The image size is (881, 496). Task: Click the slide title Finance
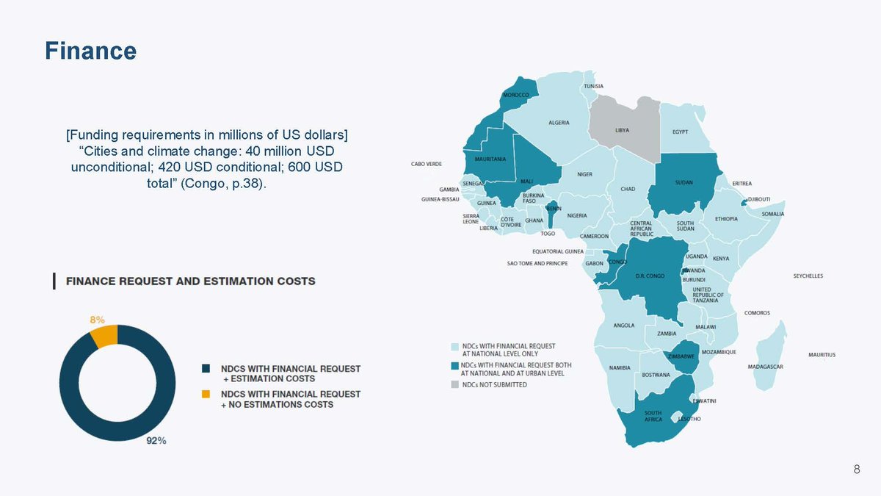(x=90, y=51)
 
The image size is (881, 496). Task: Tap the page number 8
(x=856, y=470)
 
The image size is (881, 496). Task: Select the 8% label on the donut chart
(x=97, y=320)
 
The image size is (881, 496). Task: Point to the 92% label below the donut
(x=156, y=441)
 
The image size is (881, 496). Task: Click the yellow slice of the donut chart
(x=104, y=335)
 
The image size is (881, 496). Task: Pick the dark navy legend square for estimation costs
(x=206, y=368)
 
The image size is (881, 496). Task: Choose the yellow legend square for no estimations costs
(x=206, y=395)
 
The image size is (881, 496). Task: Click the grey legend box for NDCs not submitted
(x=454, y=384)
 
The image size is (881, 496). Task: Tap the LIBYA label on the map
(x=622, y=131)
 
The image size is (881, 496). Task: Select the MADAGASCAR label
(x=765, y=367)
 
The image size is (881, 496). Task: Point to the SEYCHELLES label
(x=808, y=276)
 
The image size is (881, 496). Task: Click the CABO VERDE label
(x=426, y=164)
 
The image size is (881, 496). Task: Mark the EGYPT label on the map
(x=680, y=132)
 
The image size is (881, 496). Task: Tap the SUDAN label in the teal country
(x=684, y=182)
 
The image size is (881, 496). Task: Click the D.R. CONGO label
(x=650, y=276)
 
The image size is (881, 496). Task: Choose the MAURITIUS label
(x=822, y=355)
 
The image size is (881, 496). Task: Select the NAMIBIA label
(x=620, y=367)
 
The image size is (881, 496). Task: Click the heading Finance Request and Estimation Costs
(x=191, y=281)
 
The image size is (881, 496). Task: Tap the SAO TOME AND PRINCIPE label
(x=537, y=263)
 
